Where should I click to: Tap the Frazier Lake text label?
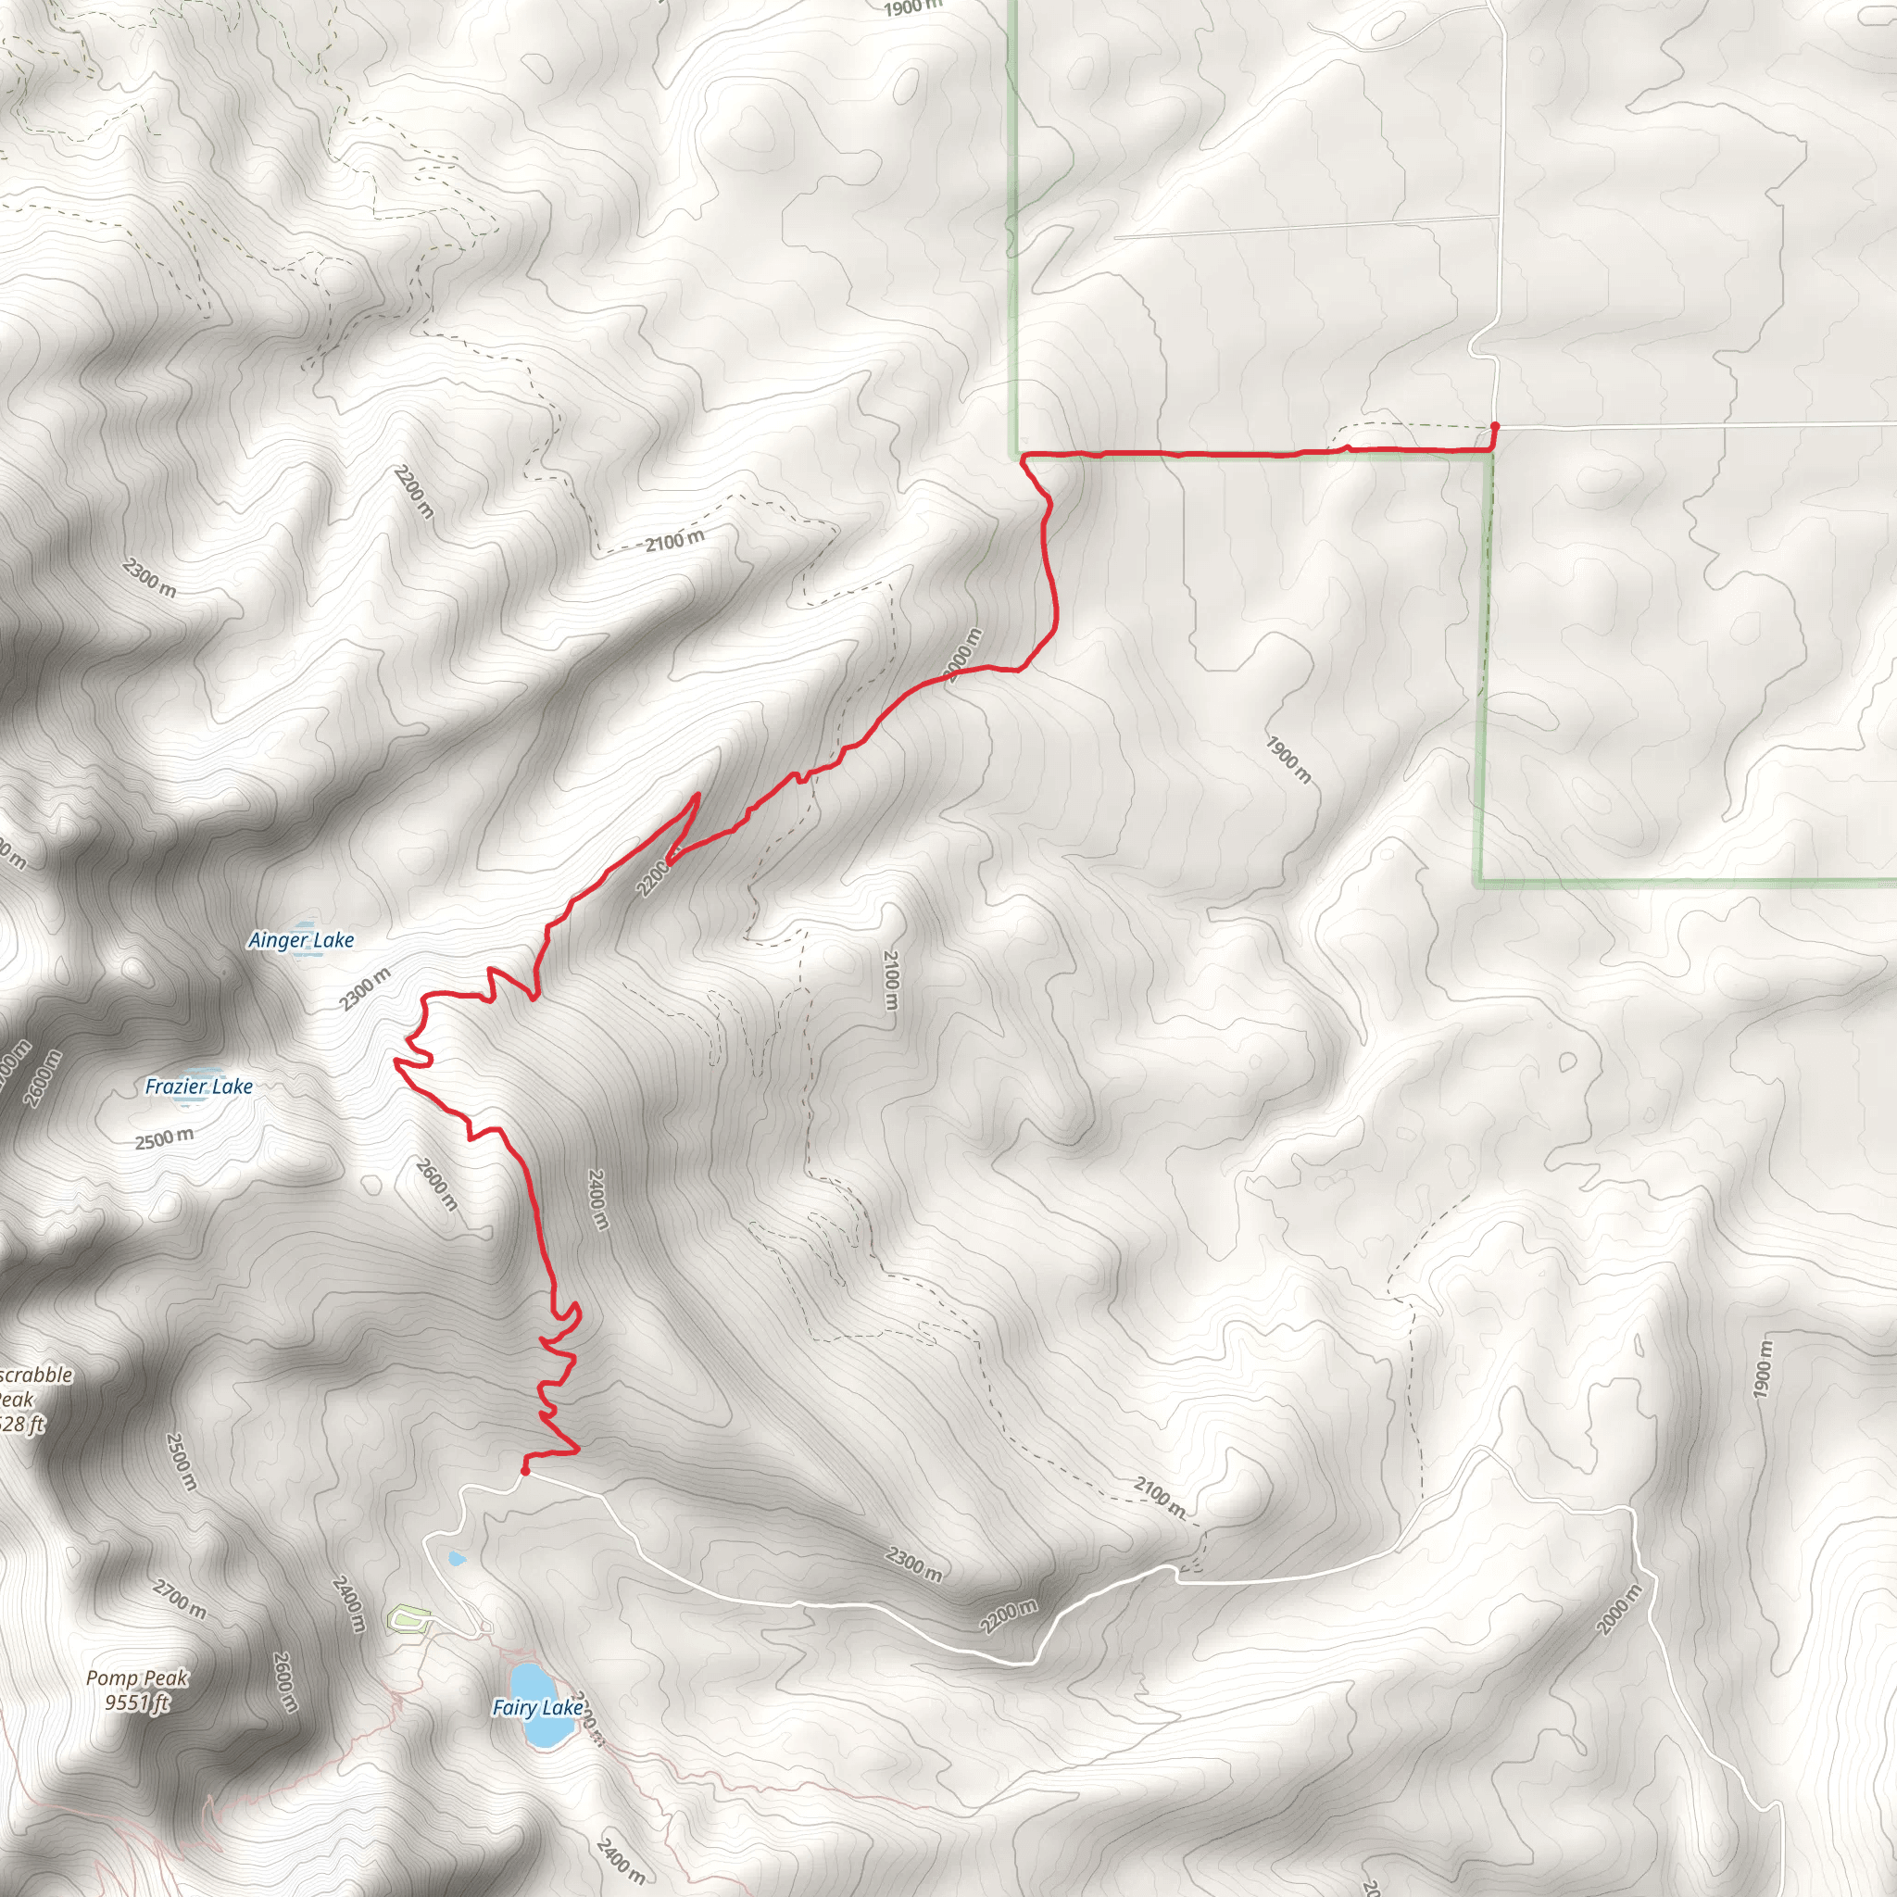point(198,1086)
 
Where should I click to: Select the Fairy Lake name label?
point(537,1707)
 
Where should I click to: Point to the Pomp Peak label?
point(136,1678)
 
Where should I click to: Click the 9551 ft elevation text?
point(137,1702)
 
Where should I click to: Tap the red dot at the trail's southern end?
point(525,1471)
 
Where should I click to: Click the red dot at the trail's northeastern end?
point(1494,426)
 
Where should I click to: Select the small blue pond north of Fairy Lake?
point(456,1557)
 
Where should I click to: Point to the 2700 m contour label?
point(180,1599)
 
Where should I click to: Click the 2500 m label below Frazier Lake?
point(164,1139)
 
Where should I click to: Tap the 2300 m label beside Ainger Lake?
point(365,987)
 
